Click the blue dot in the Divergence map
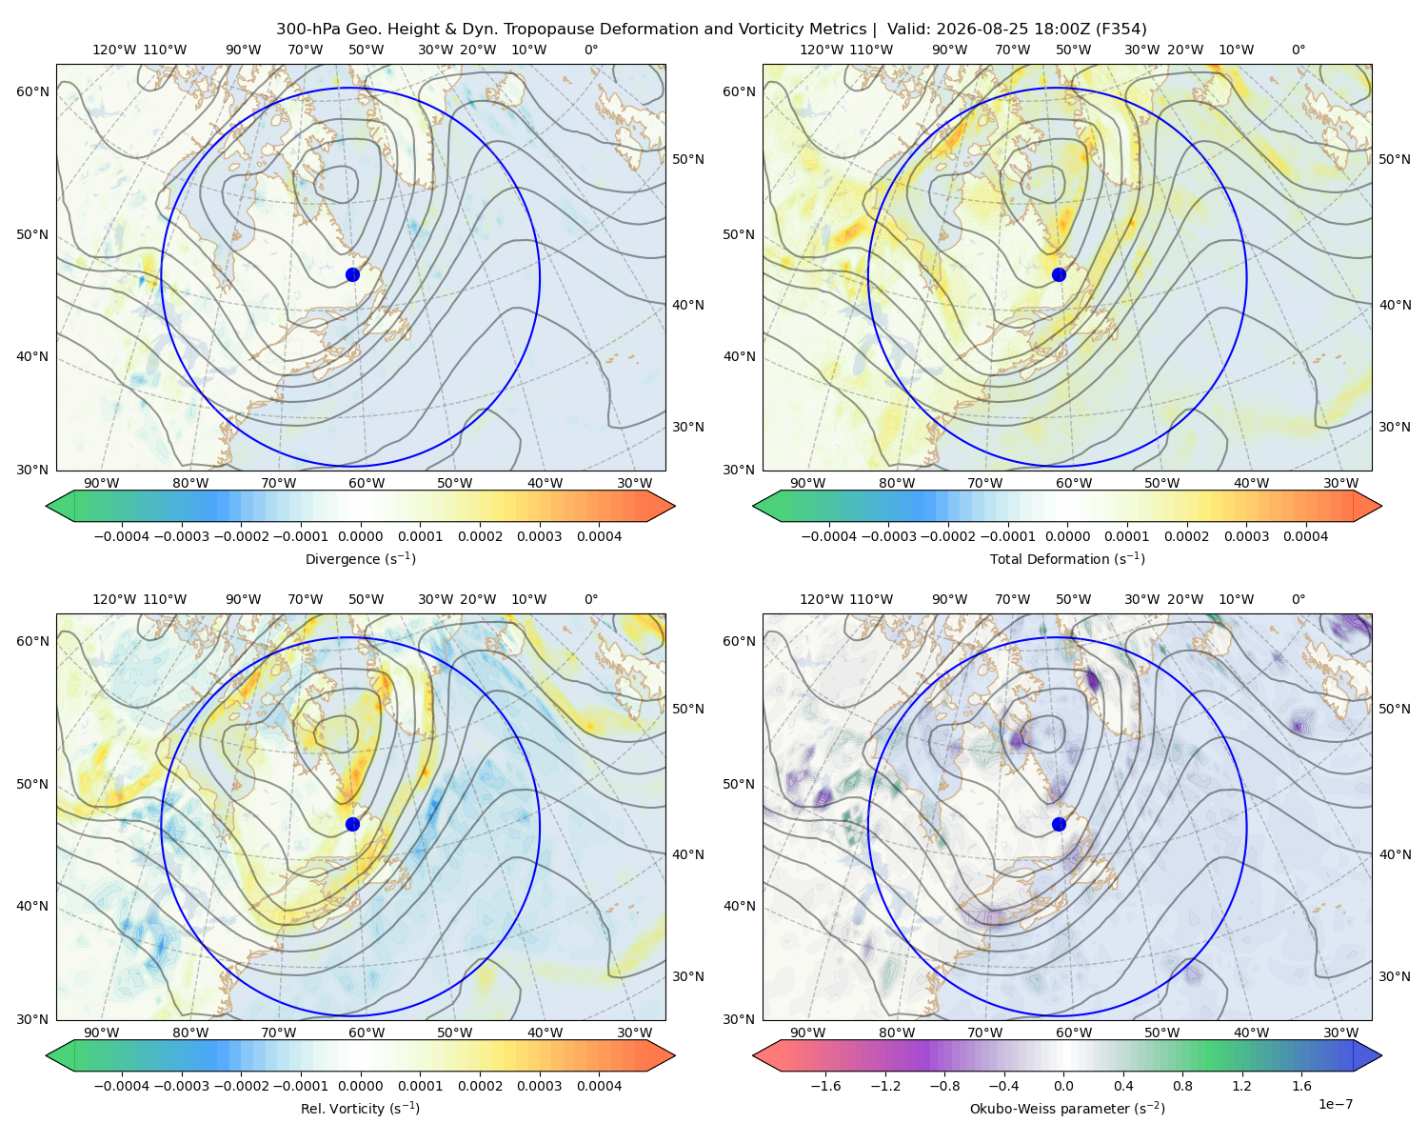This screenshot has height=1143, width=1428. point(352,274)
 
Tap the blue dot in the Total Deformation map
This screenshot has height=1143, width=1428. point(1059,274)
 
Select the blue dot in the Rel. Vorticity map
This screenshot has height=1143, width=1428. point(352,824)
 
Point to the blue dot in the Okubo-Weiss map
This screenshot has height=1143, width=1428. point(1059,824)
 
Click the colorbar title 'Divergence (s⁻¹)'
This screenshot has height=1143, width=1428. point(360,558)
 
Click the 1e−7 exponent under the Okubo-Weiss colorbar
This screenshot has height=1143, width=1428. point(1335,1104)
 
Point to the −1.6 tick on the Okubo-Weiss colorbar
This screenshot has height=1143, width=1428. point(825,1085)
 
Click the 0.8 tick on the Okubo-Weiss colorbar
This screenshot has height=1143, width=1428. point(1182,1085)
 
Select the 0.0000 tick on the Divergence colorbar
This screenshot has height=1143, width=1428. point(360,536)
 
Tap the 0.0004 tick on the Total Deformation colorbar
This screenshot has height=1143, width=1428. point(1305,536)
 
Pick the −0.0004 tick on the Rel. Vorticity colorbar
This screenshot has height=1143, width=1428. point(122,1085)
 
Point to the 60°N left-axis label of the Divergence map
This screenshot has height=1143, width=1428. point(32,91)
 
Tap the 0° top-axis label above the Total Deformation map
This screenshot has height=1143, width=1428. point(1298,50)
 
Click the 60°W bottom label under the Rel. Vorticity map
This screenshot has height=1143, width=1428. point(367,1033)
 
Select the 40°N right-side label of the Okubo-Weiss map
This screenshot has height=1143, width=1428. point(1395,854)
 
